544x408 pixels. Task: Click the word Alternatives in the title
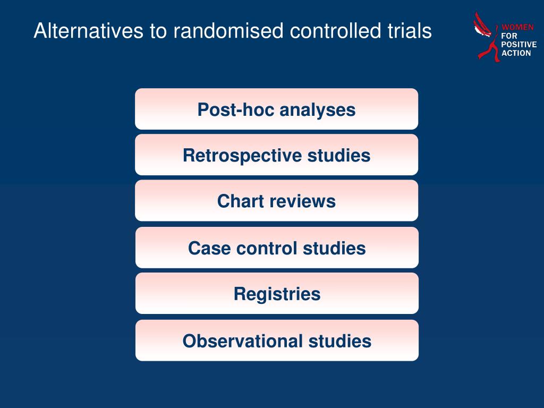[89, 30]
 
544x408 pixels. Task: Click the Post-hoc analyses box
[276, 109]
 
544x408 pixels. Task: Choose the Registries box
[277, 293]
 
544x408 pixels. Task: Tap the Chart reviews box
[276, 200]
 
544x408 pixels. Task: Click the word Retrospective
[242, 156]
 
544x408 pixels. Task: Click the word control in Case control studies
[267, 249]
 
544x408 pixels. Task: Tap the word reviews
[300, 201]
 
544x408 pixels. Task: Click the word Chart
[238, 201]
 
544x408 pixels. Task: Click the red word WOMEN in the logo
[517, 27]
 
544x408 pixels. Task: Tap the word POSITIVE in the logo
[518, 45]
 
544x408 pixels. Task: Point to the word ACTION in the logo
[516, 53]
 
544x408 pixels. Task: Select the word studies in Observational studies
[340, 341]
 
